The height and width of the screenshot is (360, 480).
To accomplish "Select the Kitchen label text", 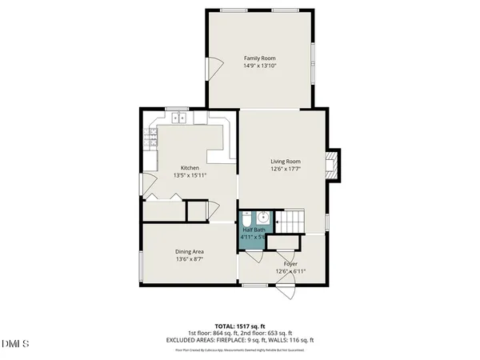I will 190,168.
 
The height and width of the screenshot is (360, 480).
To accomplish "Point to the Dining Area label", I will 190,252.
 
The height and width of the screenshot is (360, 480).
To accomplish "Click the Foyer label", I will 290,263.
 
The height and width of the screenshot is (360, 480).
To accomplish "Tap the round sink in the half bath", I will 263,217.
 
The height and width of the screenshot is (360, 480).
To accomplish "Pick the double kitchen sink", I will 178,118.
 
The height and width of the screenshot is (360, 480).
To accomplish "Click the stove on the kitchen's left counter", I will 150,138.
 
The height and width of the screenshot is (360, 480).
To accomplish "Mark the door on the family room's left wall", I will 213,69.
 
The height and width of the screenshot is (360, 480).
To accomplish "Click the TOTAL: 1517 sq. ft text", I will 240,326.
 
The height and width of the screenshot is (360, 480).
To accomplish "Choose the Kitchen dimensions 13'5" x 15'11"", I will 190,175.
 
